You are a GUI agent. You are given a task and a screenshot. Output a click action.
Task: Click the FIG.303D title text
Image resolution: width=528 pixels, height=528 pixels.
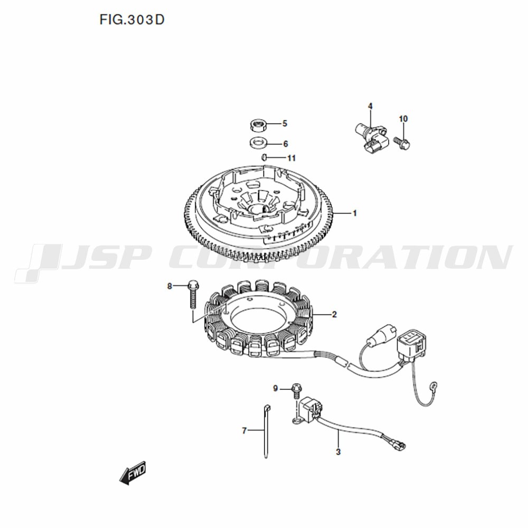(x=131, y=20)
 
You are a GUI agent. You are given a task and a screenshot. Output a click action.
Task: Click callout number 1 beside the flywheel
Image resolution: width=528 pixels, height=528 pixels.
(x=354, y=213)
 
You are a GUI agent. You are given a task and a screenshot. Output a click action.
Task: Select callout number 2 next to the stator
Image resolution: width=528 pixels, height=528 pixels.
(x=334, y=315)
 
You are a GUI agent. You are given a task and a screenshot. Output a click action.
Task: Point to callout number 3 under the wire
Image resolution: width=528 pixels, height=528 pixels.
(x=338, y=451)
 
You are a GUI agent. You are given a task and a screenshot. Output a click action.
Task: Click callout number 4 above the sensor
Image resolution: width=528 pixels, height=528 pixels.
(x=370, y=107)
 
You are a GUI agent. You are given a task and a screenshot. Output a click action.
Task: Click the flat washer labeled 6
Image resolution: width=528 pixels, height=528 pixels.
(x=259, y=143)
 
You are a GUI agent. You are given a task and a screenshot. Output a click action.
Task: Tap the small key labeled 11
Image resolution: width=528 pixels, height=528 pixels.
(x=265, y=157)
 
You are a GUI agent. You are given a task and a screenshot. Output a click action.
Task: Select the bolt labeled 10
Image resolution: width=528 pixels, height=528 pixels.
(x=403, y=144)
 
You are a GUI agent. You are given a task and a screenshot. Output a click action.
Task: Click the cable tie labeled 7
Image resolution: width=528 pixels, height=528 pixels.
(x=266, y=431)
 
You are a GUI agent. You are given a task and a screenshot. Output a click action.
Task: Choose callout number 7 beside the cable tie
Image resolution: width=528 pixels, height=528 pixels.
(x=244, y=430)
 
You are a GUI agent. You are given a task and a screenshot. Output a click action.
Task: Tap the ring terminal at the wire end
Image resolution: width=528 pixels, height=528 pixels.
(x=435, y=384)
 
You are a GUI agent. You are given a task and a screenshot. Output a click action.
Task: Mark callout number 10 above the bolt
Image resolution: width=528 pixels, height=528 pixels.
(x=403, y=119)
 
